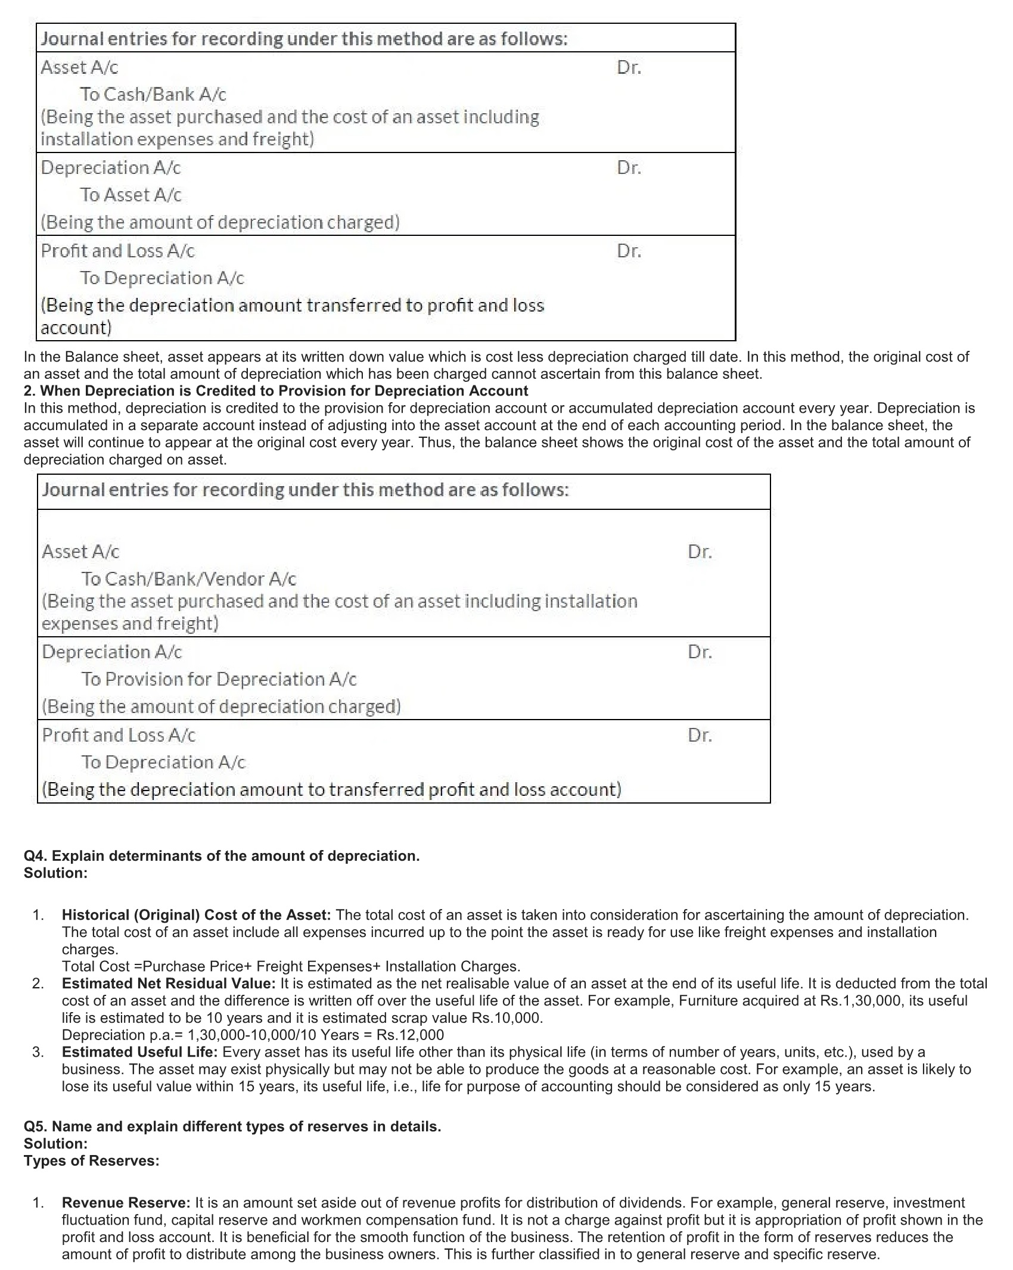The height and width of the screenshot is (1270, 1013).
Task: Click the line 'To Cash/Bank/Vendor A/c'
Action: (x=188, y=578)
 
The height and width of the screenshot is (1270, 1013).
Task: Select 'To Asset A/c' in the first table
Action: (x=130, y=195)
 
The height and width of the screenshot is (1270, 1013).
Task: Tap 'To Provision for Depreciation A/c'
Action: (x=219, y=679)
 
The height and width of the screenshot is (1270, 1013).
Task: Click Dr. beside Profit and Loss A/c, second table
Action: (x=700, y=735)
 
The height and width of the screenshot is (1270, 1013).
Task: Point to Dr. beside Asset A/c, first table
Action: (x=629, y=67)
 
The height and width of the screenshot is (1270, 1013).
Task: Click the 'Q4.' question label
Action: (x=36, y=856)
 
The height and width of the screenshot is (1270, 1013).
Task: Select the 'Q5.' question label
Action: (x=36, y=1126)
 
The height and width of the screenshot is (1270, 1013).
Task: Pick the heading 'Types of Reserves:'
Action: (x=92, y=1161)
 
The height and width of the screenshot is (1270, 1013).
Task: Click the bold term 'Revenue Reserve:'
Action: (x=126, y=1203)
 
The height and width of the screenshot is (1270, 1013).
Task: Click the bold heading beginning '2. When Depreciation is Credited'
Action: (x=276, y=391)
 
